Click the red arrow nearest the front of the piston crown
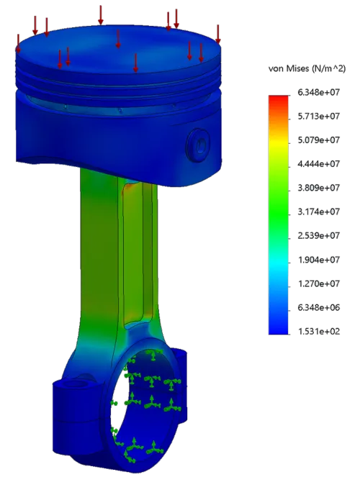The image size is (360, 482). [135, 63]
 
